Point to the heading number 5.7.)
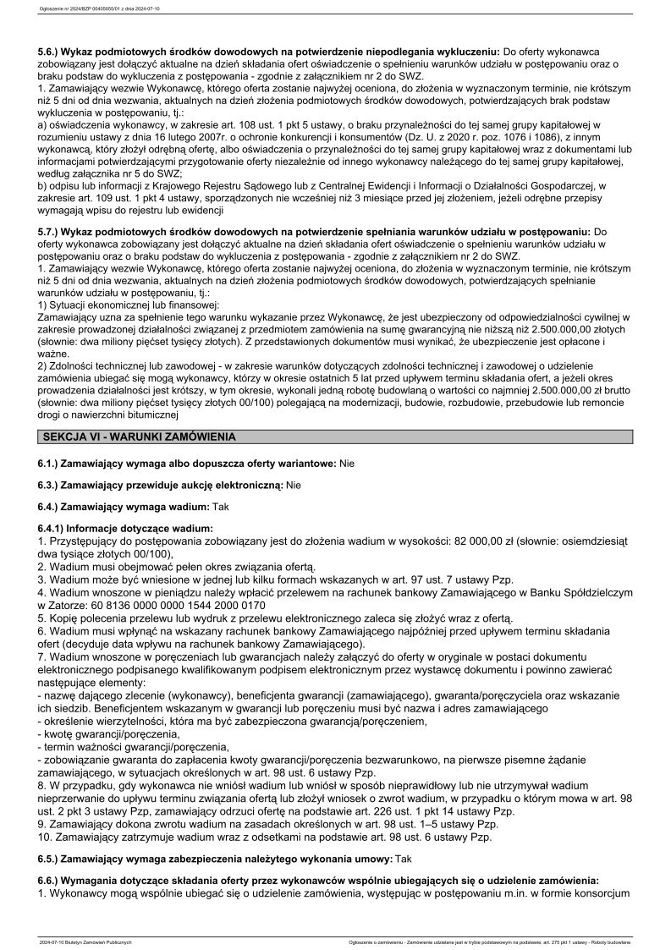click(x=54, y=230)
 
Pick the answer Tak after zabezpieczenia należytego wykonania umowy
click(x=398, y=857)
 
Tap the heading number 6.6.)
click(x=54, y=879)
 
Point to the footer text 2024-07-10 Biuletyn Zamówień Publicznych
click(x=85, y=942)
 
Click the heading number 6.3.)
click(x=54, y=485)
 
